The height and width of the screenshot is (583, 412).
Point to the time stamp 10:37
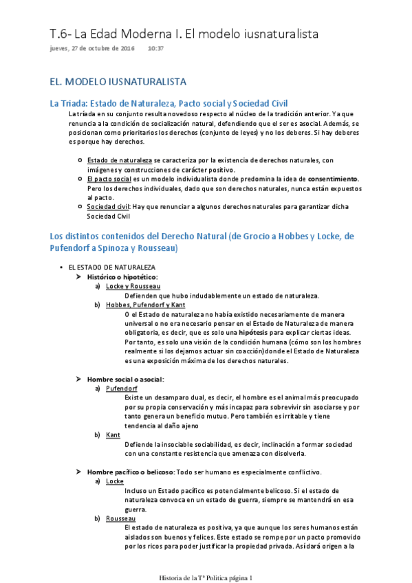pos(155,49)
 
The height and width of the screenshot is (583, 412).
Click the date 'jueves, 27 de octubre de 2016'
pos(92,49)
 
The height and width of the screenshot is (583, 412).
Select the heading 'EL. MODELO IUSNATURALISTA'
pos(118,82)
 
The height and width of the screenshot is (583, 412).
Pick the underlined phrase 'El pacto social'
pos(109,179)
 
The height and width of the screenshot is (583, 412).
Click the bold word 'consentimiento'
pos(325,179)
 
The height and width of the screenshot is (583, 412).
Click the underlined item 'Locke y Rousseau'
pos(133,286)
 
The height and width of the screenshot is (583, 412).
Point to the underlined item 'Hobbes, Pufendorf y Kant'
pos(145,305)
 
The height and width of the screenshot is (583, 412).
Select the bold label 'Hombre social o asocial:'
pos(125,379)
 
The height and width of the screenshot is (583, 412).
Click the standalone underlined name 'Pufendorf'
pos(122,388)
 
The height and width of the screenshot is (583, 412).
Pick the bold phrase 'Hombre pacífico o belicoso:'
pos(131,472)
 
